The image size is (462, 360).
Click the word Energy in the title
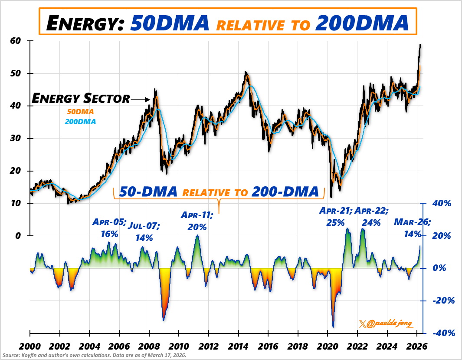pyautogui.click(x=82, y=22)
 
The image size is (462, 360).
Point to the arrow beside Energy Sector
pyautogui.click(x=140, y=100)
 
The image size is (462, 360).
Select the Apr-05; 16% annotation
pyautogui.click(x=109, y=228)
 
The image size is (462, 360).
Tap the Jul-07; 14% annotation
pyautogui.click(x=144, y=232)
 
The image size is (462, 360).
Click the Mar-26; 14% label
pyautogui.click(x=412, y=228)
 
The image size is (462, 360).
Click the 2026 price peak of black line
pyautogui.click(x=420, y=45)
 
